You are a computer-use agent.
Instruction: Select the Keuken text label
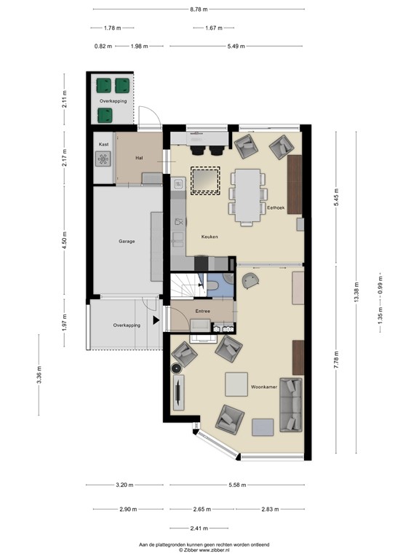coord(209,237)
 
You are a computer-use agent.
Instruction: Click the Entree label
coord(202,312)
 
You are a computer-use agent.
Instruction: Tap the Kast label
coord(103,145)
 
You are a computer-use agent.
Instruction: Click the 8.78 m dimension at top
coord(209,9)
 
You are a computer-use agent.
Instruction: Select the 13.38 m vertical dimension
coord(356,296)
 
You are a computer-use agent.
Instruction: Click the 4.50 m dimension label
coord(64,241)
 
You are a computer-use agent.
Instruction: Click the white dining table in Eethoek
coord(249,194)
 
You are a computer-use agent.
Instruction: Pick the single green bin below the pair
coord(105,114)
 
